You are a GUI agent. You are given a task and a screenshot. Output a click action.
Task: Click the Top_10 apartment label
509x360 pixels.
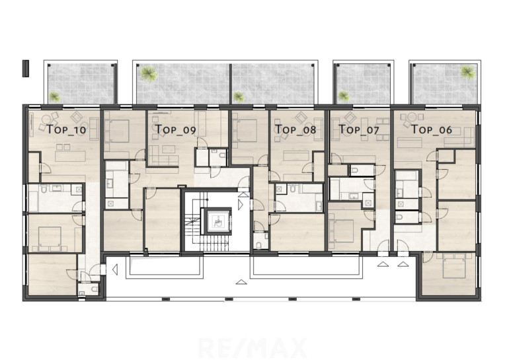67,129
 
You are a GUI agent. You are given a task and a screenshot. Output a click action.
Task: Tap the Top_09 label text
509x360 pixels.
176,129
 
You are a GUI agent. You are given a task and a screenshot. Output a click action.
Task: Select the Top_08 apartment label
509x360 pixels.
295,129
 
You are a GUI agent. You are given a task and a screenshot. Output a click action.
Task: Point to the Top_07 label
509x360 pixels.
359,129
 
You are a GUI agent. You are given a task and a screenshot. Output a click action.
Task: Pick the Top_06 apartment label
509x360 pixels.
432,129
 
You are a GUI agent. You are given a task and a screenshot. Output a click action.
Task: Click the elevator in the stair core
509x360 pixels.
217,221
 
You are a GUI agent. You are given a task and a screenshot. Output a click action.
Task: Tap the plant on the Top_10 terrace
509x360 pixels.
54,96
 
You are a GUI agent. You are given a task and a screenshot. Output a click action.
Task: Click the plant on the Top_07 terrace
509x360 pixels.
343,96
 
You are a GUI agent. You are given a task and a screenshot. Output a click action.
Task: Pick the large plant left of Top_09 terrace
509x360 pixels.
149,73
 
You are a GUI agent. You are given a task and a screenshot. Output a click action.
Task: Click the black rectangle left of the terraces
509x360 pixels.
26,69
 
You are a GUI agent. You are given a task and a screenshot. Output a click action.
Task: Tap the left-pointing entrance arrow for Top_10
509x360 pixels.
114,270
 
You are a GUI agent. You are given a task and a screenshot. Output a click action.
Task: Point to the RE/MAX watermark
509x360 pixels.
253,348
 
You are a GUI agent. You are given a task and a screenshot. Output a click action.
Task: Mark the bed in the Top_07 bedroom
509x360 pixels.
341,231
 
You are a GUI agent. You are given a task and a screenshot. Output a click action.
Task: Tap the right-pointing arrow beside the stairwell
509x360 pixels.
241,205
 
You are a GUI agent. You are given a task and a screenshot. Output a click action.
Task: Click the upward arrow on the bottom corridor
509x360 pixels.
241,281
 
